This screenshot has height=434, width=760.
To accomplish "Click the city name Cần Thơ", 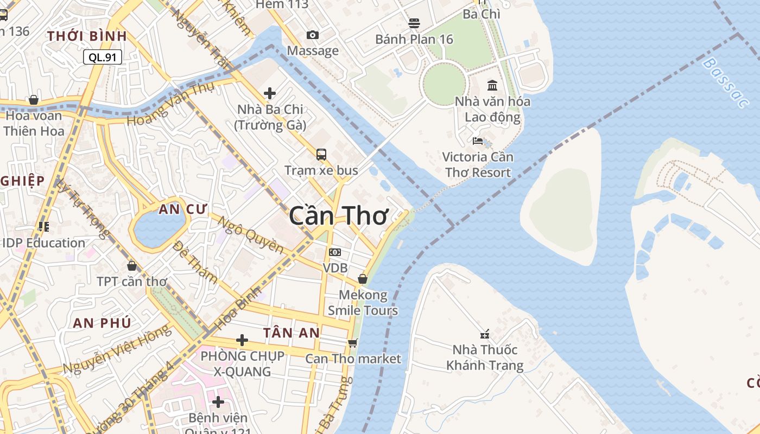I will pos(338,216).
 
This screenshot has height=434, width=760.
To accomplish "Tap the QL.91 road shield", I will pos(102,57).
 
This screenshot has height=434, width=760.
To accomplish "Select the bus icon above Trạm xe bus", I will pos(321,154).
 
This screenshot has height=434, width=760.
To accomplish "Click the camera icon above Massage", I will pos(313,35).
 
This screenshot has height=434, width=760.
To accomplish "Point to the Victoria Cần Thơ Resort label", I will pos(477,164).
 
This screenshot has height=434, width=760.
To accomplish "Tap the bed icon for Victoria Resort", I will pos(478,141).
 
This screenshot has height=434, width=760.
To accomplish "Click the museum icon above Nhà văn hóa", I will pos(492,85).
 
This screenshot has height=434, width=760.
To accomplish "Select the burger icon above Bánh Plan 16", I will pos(414,23).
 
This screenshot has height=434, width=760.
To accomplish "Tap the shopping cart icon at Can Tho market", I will pos(353,343).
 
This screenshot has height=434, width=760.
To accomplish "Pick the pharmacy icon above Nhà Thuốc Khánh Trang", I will pos(485,334).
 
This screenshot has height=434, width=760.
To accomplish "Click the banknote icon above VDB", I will pos(335,252).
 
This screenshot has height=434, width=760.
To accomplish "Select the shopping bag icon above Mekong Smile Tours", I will pos(362,279).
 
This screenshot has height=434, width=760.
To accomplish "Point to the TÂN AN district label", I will pos(292,333).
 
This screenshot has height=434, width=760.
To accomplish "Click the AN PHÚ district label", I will pos(102,323).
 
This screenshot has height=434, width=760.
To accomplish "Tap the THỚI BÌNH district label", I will pos(87,36).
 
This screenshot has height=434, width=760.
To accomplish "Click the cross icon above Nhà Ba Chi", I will pos(270,93).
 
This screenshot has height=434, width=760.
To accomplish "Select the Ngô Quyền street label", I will pos(251,233).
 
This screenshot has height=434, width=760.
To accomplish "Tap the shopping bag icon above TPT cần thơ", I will pos(131,265).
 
